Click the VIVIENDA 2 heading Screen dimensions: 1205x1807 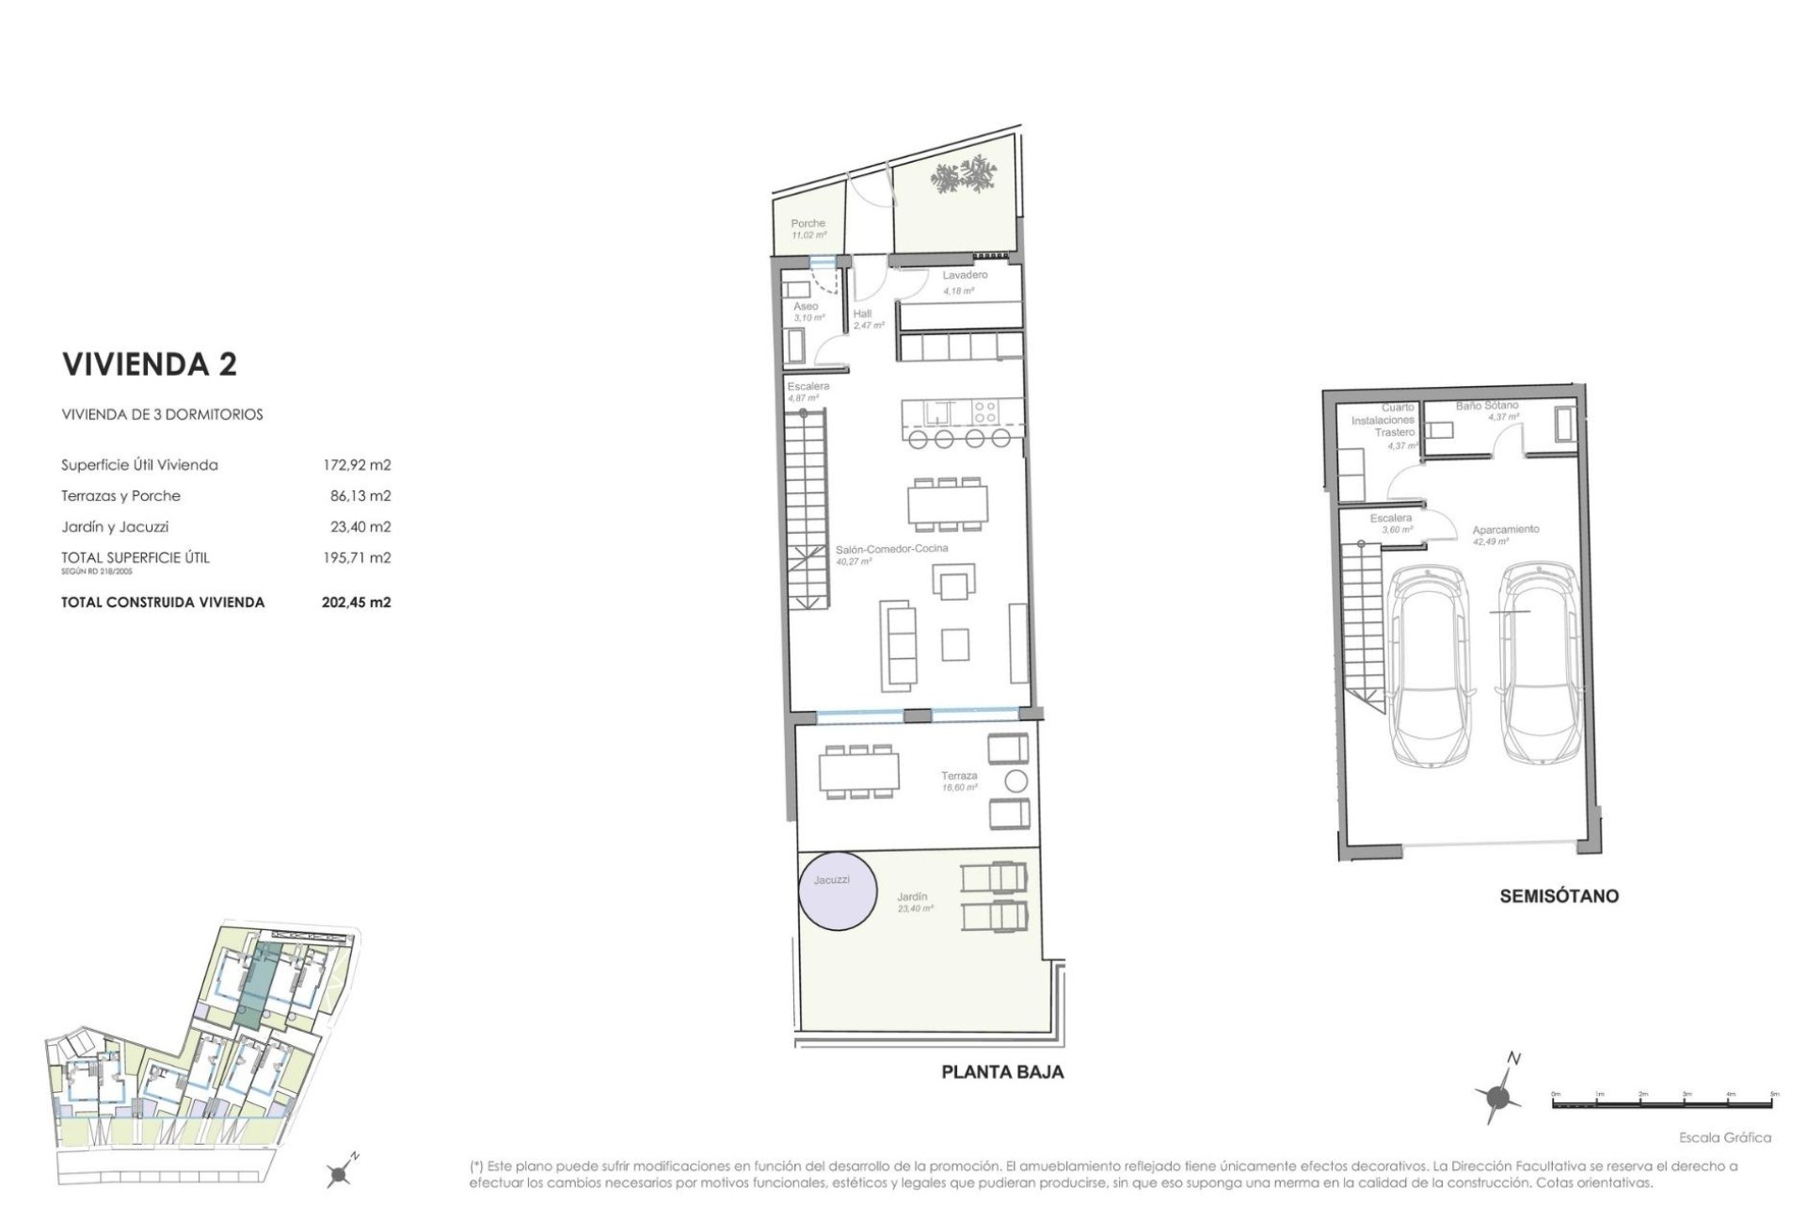(149, 364)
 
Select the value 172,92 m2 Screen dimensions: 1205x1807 (356, 465)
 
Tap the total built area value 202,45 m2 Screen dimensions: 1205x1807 (356, 602)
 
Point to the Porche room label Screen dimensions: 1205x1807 (808, 224)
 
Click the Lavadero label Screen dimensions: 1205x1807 (965, 275)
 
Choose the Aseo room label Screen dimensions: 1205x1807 (806, 306)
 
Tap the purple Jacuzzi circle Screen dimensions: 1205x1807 (838, 891)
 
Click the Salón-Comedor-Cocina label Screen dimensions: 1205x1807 (892, 548)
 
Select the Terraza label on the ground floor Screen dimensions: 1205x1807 (959, 776)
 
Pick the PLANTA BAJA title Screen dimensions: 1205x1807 (1002, 1071)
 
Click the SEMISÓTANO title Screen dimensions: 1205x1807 (1559, 896)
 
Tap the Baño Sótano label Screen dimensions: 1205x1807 (1487, 406)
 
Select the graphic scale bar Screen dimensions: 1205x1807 (1663, 1101)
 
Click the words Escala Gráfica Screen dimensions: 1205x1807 (1724, 1137)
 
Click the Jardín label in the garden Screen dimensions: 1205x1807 (912, 897)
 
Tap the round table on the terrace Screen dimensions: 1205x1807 (1016, 780)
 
